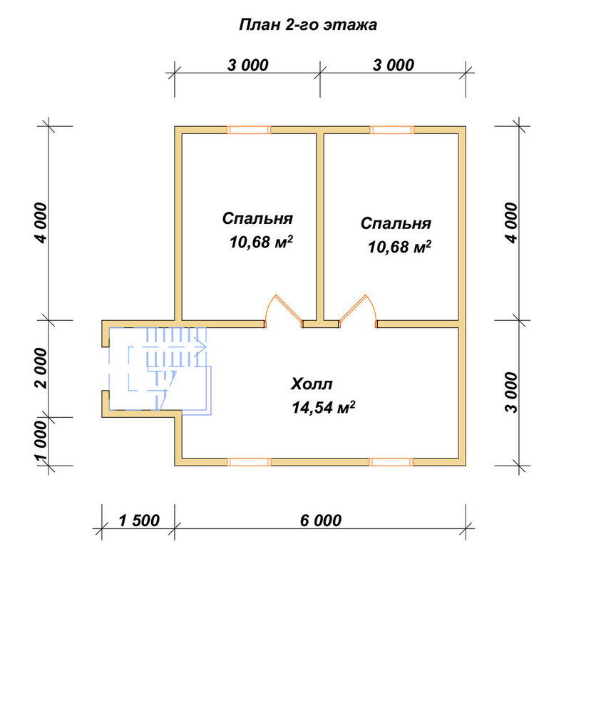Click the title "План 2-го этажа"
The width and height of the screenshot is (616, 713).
coord(308,24)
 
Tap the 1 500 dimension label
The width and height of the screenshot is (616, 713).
coord(139,520)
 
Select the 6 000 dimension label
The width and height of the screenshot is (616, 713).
coord(321,520)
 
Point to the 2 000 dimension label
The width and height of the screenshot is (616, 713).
coord(41,369)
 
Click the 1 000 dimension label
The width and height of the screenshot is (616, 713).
coord(41,441)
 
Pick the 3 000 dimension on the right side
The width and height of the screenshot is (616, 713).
coord(511,392)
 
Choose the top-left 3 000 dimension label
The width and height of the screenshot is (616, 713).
coord(248,65)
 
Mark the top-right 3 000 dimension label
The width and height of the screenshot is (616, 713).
coord(394,65)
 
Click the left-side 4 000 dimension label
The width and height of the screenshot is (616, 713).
coord(41,223)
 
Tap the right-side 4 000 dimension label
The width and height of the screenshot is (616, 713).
coord(511,223)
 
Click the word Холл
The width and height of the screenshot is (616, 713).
coord(312,384)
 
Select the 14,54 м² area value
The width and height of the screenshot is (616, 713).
coord(323,407)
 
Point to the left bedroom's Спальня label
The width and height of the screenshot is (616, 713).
coord(257,218)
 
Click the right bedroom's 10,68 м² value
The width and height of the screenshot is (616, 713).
coord(399,247)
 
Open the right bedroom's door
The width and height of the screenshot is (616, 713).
coord(358,312)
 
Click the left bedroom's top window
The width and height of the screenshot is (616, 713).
coord(249,130)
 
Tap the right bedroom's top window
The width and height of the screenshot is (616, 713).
coord(392,130)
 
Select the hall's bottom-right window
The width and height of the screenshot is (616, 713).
coord(391,462)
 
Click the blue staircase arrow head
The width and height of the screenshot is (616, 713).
coord(201,347)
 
